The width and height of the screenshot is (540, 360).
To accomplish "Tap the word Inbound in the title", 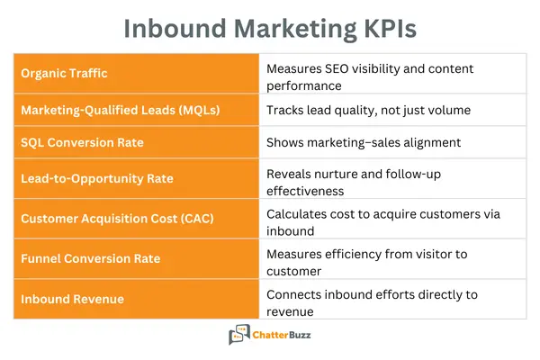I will (x=169, y=28).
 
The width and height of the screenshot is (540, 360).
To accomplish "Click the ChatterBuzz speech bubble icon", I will (x=239, y=336).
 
